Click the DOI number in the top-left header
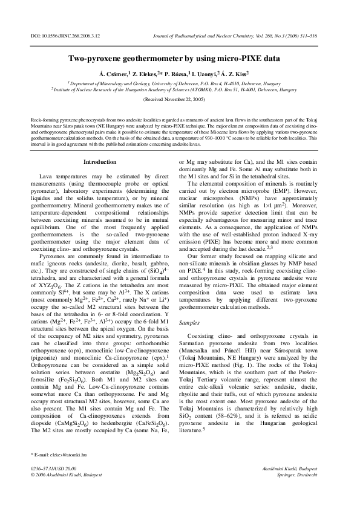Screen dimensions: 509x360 point(62,37)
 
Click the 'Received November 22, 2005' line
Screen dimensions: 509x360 point(180,99)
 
